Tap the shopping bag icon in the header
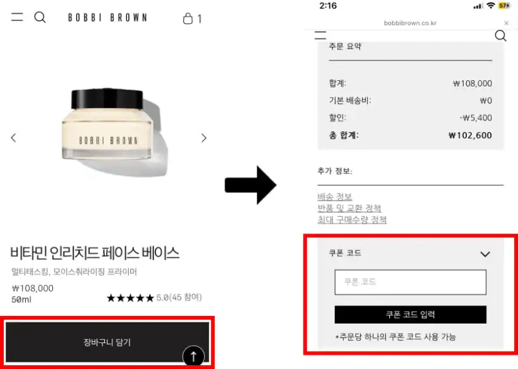pos(188,18)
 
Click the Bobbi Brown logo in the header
pos(107,18)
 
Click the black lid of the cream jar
pos(106,98)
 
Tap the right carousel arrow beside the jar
pos(204,138)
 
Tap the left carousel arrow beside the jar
pos(14,138)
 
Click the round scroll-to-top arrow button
pos(194,355)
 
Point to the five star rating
pos(130,298)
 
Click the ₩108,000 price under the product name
pos(32,288)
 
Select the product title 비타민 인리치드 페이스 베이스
pos(95,252)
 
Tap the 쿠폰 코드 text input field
pos(410,282)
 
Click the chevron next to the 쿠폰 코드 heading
pos(485,254)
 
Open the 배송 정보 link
pos(335,197)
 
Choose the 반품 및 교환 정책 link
pos(349,208)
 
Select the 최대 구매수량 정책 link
pos(352,220)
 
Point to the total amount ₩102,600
pos(470,136)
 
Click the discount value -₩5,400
pos(476,118)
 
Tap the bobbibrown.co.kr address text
pos(410,23)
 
